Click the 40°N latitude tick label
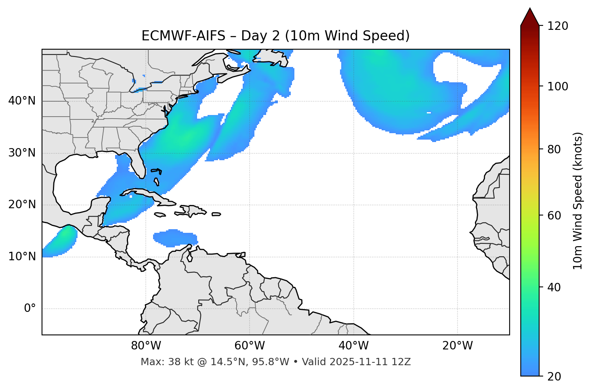22,101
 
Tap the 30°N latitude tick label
22,153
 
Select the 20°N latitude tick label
22,205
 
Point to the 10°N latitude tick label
22,257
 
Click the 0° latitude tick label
29,309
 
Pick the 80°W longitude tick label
146,346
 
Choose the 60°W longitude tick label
250,346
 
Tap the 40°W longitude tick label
353,346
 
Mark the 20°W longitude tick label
457,346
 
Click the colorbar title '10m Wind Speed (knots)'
578,201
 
